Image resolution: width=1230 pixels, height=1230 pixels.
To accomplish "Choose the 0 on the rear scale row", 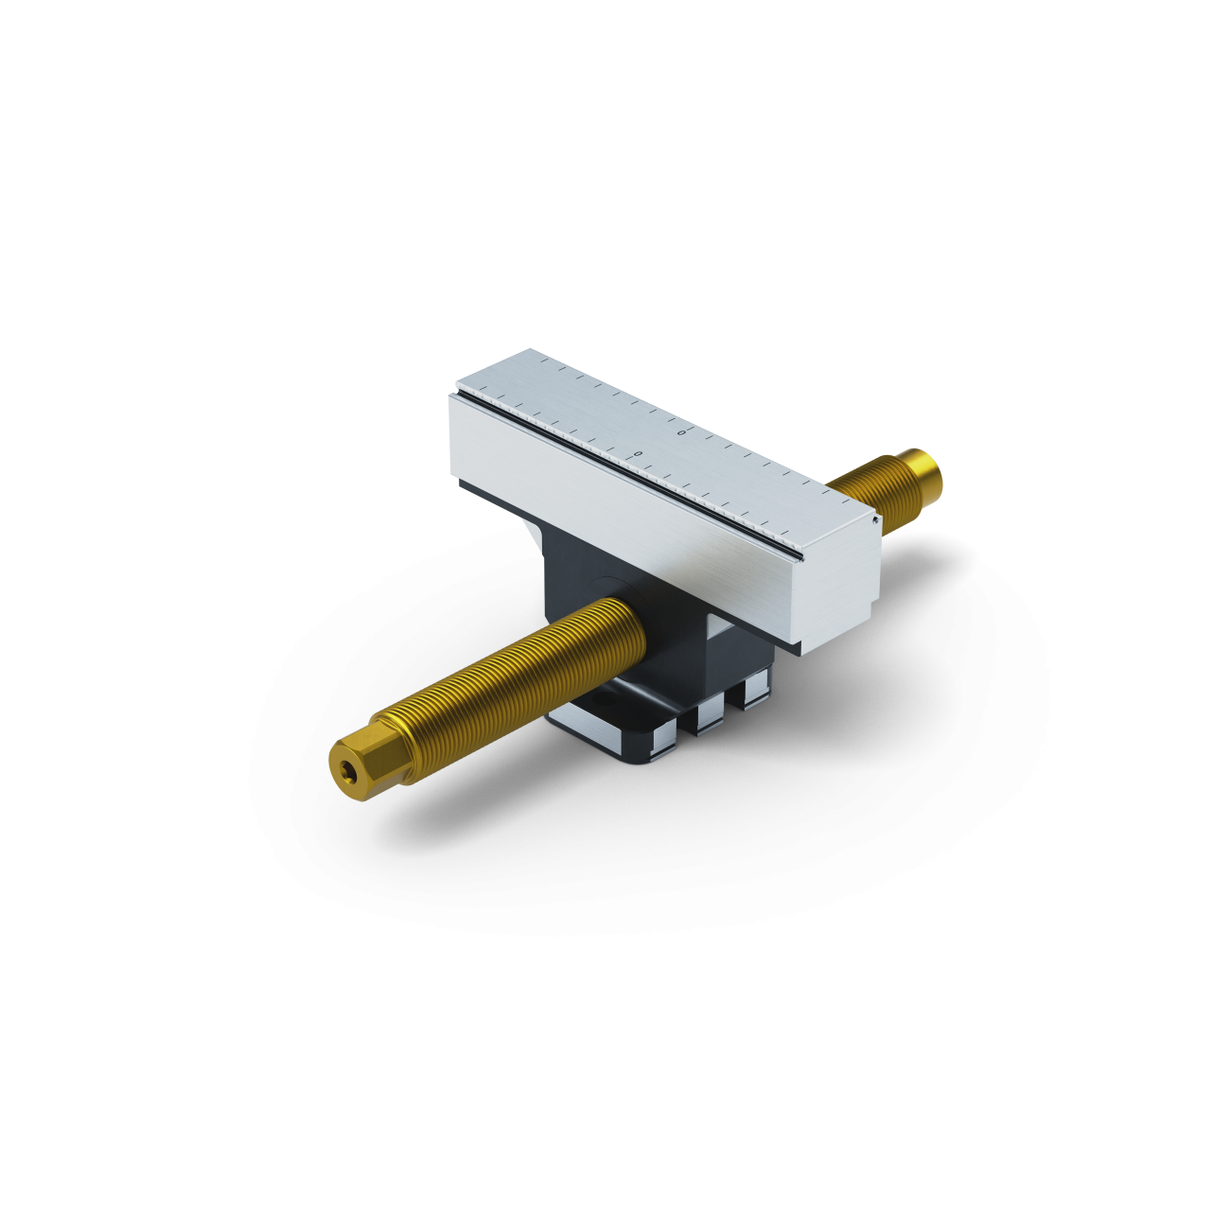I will [x=682, y=431].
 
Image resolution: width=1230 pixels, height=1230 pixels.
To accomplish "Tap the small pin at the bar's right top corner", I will [x=876, y=518].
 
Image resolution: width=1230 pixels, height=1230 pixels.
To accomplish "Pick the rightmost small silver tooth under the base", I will [x=755, y=690].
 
